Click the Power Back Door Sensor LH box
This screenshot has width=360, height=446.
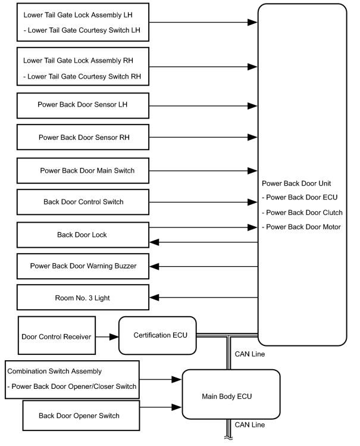pyautogui.click(x=83, y=105)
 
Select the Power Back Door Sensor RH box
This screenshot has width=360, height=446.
pyautogui.click(x=83, y=137)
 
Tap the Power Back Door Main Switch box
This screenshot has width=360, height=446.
pyautogui.click(x=83, y=171)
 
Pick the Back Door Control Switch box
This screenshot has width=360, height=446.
pyautogui.click(x=83, y=202)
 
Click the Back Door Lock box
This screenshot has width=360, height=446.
pyautogui.click(x=83, y=235)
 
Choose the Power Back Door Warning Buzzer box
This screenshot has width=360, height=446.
pyautogui.click(x=83, y=266)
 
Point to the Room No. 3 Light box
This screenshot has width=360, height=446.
pyautogui.click(x=83, y=297)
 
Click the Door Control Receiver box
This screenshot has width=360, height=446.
pyautogui.click(x=57, y=335)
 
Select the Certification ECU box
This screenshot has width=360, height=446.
pyautogui.click(x=158, y=336)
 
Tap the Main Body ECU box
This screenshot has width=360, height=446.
pyautogui.click(x=231, y=394)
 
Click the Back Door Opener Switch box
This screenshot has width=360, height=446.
pyautogui.click(x=82, y=416)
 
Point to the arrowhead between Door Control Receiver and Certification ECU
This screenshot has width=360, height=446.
pyautogui.click(x=114, y=337)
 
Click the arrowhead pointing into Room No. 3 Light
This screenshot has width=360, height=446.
pyautogui.click(x=154, y=298)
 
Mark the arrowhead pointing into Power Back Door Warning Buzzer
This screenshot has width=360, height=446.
pyautogui.click(x=154, y=267)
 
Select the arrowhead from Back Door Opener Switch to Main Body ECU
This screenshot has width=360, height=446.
pyautogui.click(x=177, y=407)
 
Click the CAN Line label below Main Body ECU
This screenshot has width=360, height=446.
pyautogui.click(x=250, y=425)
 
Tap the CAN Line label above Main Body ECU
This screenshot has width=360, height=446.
pyautogui.click(x=250, y=354)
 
